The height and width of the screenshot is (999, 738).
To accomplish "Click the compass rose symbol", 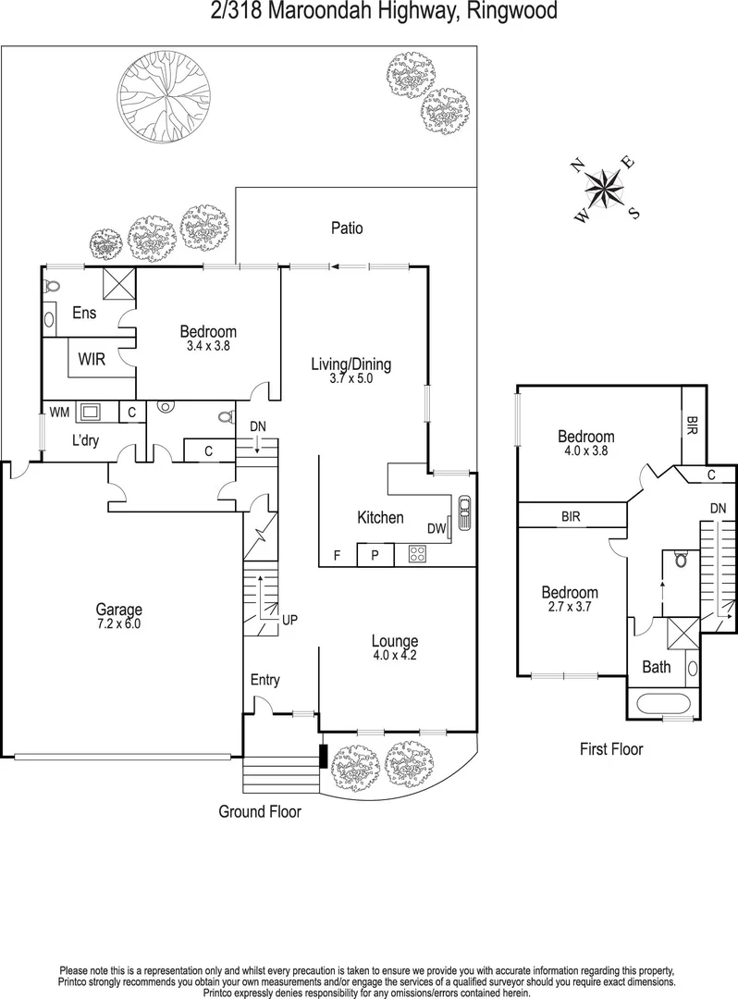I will [607, 189].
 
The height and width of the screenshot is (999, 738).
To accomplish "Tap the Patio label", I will [347, 228].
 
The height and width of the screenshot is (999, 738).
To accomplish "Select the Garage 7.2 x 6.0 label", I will [119, 616].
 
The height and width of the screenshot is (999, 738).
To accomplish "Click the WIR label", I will [91, 359].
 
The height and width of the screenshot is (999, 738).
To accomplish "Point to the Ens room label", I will [84, 314].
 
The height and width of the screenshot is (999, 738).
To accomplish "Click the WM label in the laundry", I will [58, 412].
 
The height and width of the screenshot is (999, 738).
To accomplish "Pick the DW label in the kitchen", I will [437, 528].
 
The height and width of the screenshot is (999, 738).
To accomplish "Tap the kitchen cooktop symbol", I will [417, 555].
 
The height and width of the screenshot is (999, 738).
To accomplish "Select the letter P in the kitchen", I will [375, 555].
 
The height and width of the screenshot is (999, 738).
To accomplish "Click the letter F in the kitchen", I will [337, 556].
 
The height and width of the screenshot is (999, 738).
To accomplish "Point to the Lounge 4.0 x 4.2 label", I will [395, 647].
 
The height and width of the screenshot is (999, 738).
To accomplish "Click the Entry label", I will [264, 680].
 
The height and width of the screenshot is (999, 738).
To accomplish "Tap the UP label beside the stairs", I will [289, 619].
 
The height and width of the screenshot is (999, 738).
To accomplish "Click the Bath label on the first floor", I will [657, 667].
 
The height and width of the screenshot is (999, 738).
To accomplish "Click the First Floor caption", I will [610, 749].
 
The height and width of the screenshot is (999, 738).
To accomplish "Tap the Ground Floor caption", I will [259, 811].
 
